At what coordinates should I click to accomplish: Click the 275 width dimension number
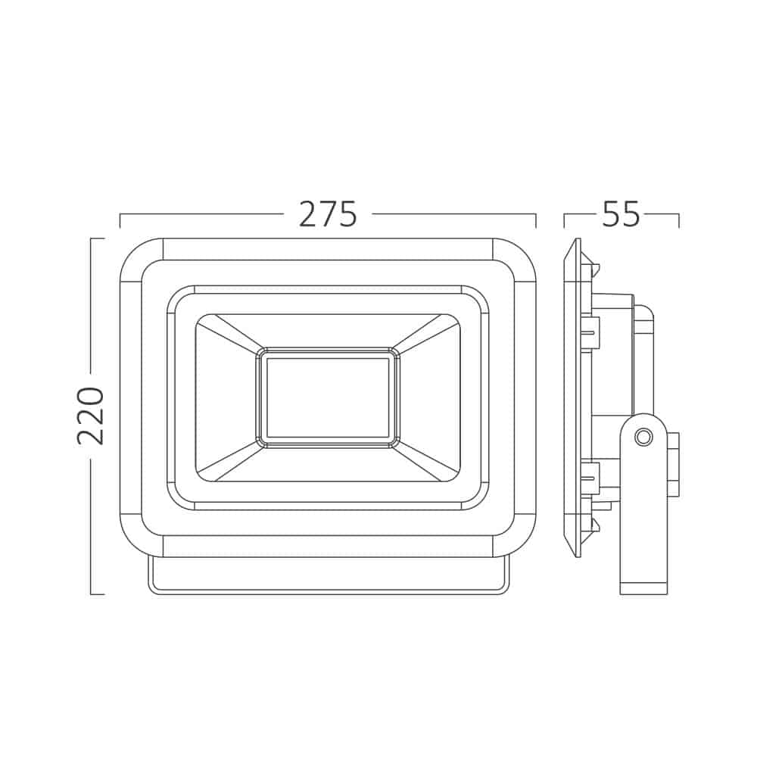329,214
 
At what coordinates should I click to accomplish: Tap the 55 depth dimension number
621,214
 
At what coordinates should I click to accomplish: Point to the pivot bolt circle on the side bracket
643,438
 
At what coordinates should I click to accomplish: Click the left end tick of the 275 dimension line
120,220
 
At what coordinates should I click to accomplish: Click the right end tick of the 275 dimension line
536,220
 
